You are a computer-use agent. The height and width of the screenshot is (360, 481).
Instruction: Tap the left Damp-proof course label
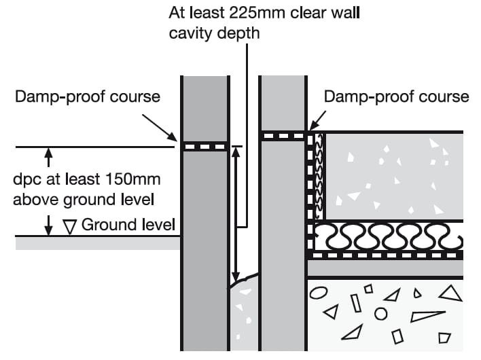[x=88, y=96]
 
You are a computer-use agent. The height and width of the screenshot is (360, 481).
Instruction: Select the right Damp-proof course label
[x=396, y=96]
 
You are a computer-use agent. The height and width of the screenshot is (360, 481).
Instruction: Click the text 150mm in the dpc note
[x=125, y=181]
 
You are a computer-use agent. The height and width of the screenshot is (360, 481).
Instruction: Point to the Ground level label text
[x=128, y=224]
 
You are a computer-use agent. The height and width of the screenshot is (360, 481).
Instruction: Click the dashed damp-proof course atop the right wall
[x=283, y=137]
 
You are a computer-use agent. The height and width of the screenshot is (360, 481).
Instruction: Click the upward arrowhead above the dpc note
[x=48, y=155]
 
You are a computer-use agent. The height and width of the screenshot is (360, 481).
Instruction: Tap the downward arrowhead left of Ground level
[x=48, y=230]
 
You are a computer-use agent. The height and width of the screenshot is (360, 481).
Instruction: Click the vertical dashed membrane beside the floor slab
[x=313, y=190]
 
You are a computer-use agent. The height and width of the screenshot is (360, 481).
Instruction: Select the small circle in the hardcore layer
[x=381, y=314]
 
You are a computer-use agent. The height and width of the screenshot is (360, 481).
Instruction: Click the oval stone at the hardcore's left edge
[x=319, y=293]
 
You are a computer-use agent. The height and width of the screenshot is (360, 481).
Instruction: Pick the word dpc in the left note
[x=26, y=181]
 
